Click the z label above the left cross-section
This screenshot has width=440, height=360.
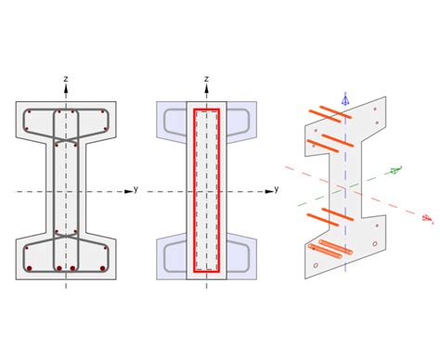coord(66,79)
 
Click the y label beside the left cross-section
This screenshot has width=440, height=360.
coord(136,188)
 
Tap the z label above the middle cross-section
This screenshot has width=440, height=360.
coord(206,79)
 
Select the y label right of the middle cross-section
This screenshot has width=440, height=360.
coord(277,188)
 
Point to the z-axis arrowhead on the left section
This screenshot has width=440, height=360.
coord(66,88)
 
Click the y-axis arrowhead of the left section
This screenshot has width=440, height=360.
coord(128,192)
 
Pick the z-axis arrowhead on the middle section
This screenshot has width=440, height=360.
coord(206,88)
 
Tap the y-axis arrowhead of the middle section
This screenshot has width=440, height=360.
coord(269,192)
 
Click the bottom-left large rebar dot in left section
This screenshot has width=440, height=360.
coord(30,268)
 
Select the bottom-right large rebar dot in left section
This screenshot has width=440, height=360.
coord(103,268)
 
